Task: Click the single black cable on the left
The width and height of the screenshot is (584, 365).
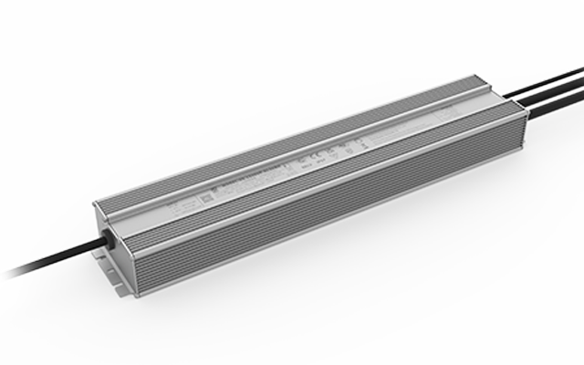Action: point(55,258)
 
